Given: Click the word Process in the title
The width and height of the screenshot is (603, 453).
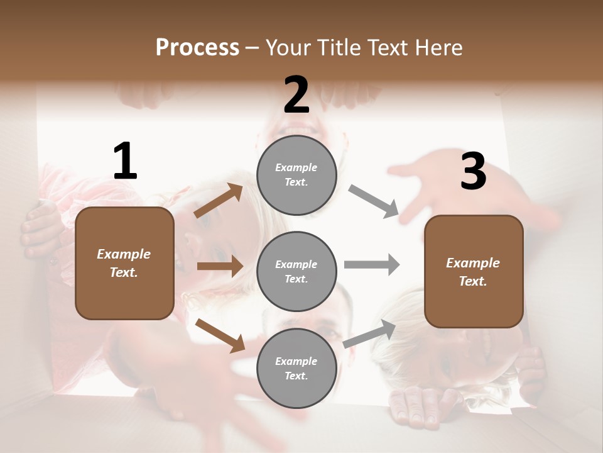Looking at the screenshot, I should tap(197, 48).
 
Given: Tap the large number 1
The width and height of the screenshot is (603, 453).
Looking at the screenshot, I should tap(125, 162).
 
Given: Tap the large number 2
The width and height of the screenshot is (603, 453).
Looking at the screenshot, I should tap(296, 95).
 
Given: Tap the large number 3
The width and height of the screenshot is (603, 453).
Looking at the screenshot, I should tap(473, 172).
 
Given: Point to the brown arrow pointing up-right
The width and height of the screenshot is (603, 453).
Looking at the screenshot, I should tap(219, 201).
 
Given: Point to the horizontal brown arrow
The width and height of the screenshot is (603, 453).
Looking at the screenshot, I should tap(220, 266).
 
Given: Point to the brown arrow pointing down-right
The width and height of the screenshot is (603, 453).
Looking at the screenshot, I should tap(220, 335).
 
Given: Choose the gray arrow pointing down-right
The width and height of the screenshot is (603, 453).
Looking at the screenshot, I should tap(374, 202).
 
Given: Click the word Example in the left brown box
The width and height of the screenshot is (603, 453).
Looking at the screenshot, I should tap(124, 254).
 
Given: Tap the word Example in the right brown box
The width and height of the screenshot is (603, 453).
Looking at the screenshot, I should tap(473, 263).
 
